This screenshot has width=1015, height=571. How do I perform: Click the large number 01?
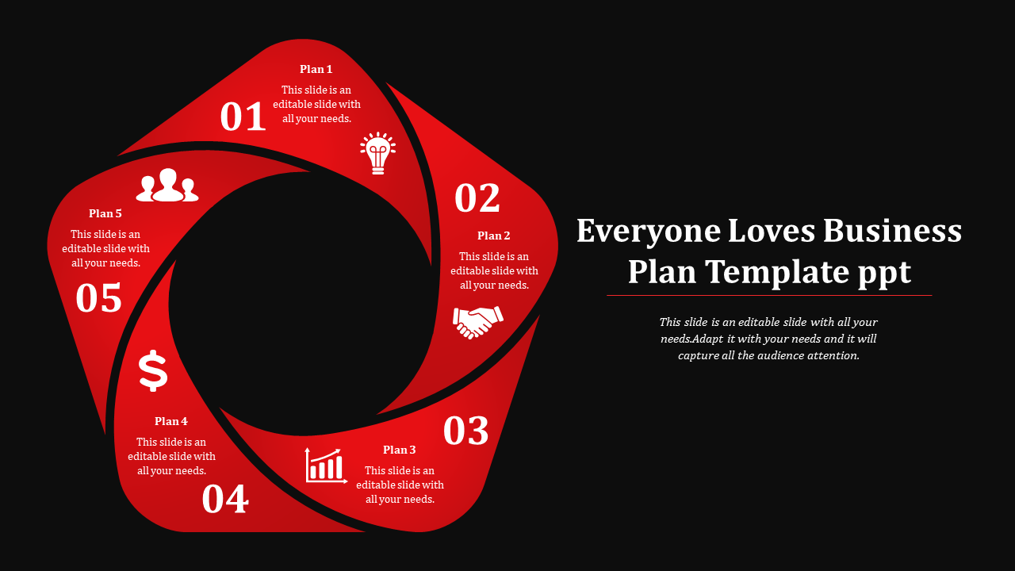point(243,117)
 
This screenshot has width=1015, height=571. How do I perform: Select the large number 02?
point(477,197)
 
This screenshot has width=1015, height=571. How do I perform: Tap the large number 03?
point(465,431)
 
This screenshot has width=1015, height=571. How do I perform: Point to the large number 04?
point(225,499)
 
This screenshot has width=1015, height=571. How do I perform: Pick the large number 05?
point(99,297)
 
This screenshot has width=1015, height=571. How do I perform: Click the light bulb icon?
point(378,153)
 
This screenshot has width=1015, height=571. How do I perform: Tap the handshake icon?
point(478,322)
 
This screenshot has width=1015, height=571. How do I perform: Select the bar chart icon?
point(326,466)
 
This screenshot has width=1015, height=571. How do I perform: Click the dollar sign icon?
point(153,370)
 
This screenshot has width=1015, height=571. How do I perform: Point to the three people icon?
point(167,185)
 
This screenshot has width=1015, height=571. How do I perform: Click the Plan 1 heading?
point(316,69)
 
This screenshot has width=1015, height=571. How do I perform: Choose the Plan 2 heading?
point(493,236)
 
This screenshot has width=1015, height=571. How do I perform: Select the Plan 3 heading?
point(399,450)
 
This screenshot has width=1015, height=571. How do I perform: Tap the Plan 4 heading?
point(170,421)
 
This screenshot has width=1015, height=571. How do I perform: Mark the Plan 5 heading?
point(105,213)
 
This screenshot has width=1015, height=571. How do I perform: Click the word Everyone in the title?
point(649,232)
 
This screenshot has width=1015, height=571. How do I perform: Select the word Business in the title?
point(892,231)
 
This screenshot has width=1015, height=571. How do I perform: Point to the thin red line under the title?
point(769,296)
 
